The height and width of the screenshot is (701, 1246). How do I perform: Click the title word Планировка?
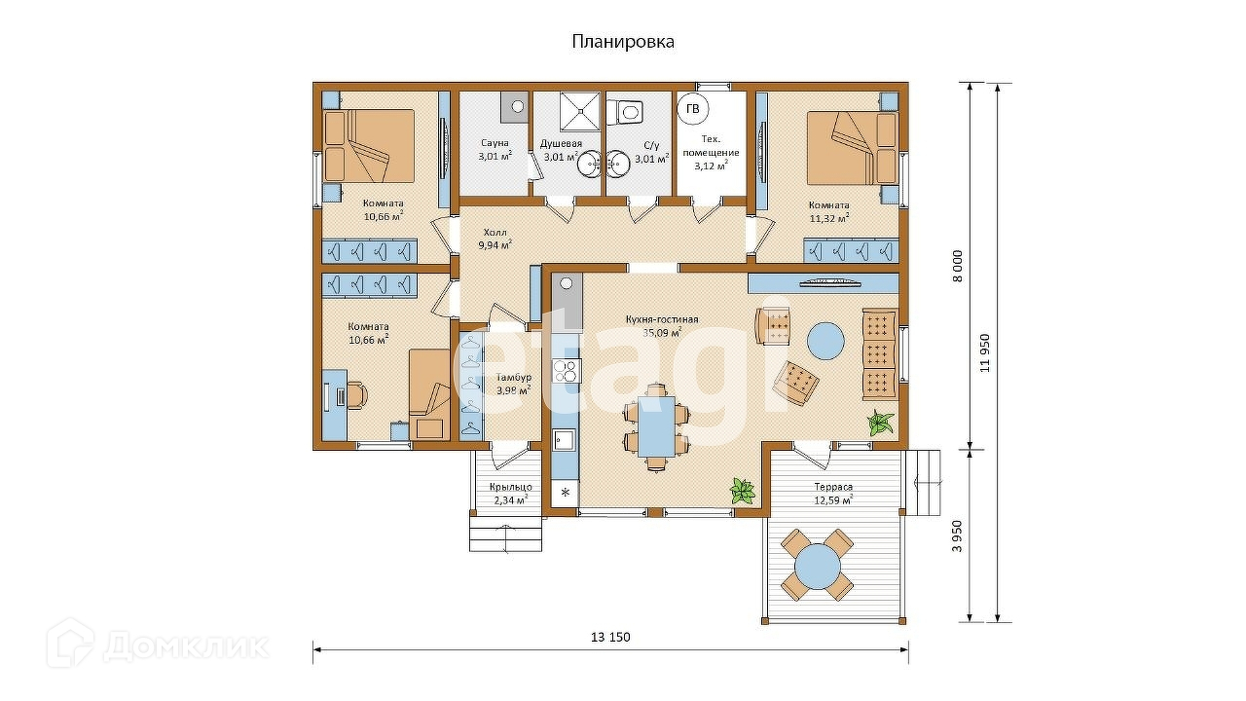(x=623, y=42)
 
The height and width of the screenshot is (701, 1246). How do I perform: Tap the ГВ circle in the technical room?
(x=692, y=109)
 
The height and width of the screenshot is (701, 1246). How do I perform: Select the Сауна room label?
(x=495, y=143)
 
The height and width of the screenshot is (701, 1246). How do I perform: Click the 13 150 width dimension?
(x=610, y=638)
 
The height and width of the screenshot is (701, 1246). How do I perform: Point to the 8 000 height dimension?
(x=957, y=267)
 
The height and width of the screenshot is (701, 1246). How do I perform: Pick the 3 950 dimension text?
(x=957, y=535)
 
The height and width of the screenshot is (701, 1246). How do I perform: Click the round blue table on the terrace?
(x=817, y=567)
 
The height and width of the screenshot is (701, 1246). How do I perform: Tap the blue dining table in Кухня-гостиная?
(x=657, y=426)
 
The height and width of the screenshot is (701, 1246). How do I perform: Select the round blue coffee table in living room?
(x=825, y=341)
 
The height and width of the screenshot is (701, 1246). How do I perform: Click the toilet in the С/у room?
(x=625, y=112)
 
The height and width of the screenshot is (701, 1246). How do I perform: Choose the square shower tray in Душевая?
(x=580, y=111)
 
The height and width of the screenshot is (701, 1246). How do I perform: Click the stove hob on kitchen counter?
(x=567, y=371)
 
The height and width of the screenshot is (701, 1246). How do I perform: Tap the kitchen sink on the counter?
(x=566, y=441)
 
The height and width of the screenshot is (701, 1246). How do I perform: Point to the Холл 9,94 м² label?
(x=495, y=239)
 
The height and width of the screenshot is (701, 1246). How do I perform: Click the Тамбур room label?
(x=513, y=384)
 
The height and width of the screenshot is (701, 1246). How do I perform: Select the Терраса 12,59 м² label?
(x=833, y=494)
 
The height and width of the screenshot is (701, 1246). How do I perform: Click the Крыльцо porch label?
(x=511, y=494)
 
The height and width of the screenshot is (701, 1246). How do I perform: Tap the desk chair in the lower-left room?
(x=357, y=395)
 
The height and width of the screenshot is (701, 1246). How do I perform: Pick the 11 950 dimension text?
(x=985, y=352)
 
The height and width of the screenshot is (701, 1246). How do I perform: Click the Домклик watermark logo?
(x=158, y=646)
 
